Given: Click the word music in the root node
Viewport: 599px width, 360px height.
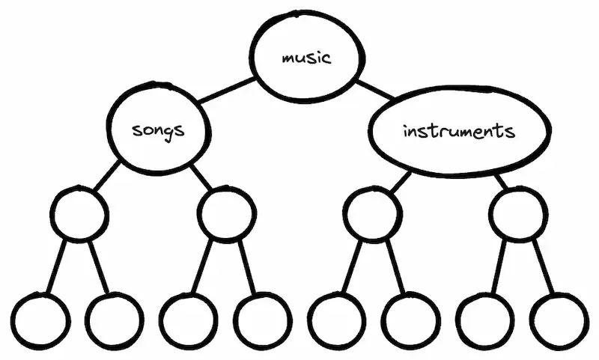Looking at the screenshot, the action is tap(305, 58).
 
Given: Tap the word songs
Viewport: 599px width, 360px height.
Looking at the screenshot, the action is tap(157, 130).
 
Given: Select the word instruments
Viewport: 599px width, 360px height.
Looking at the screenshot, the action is tap(458, 132).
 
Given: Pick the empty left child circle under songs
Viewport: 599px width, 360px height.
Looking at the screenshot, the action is tap(79, 214).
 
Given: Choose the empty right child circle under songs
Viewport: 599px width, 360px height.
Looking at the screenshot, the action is tap(226, 214).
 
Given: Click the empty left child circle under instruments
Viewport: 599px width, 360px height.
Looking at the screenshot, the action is tap(374, 214).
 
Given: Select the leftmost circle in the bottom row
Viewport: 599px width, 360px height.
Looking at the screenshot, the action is tap(40, 320).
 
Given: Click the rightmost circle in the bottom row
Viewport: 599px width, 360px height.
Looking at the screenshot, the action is tap(561, 320).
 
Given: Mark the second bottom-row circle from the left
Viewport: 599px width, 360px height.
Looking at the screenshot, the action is tap(113, 320).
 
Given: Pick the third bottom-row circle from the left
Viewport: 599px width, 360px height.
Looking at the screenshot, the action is tap(187, 320).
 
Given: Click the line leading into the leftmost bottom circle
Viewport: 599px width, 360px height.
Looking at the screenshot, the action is tap(56, 267).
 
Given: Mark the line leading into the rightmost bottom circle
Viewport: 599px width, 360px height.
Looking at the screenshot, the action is tap(545, 267).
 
